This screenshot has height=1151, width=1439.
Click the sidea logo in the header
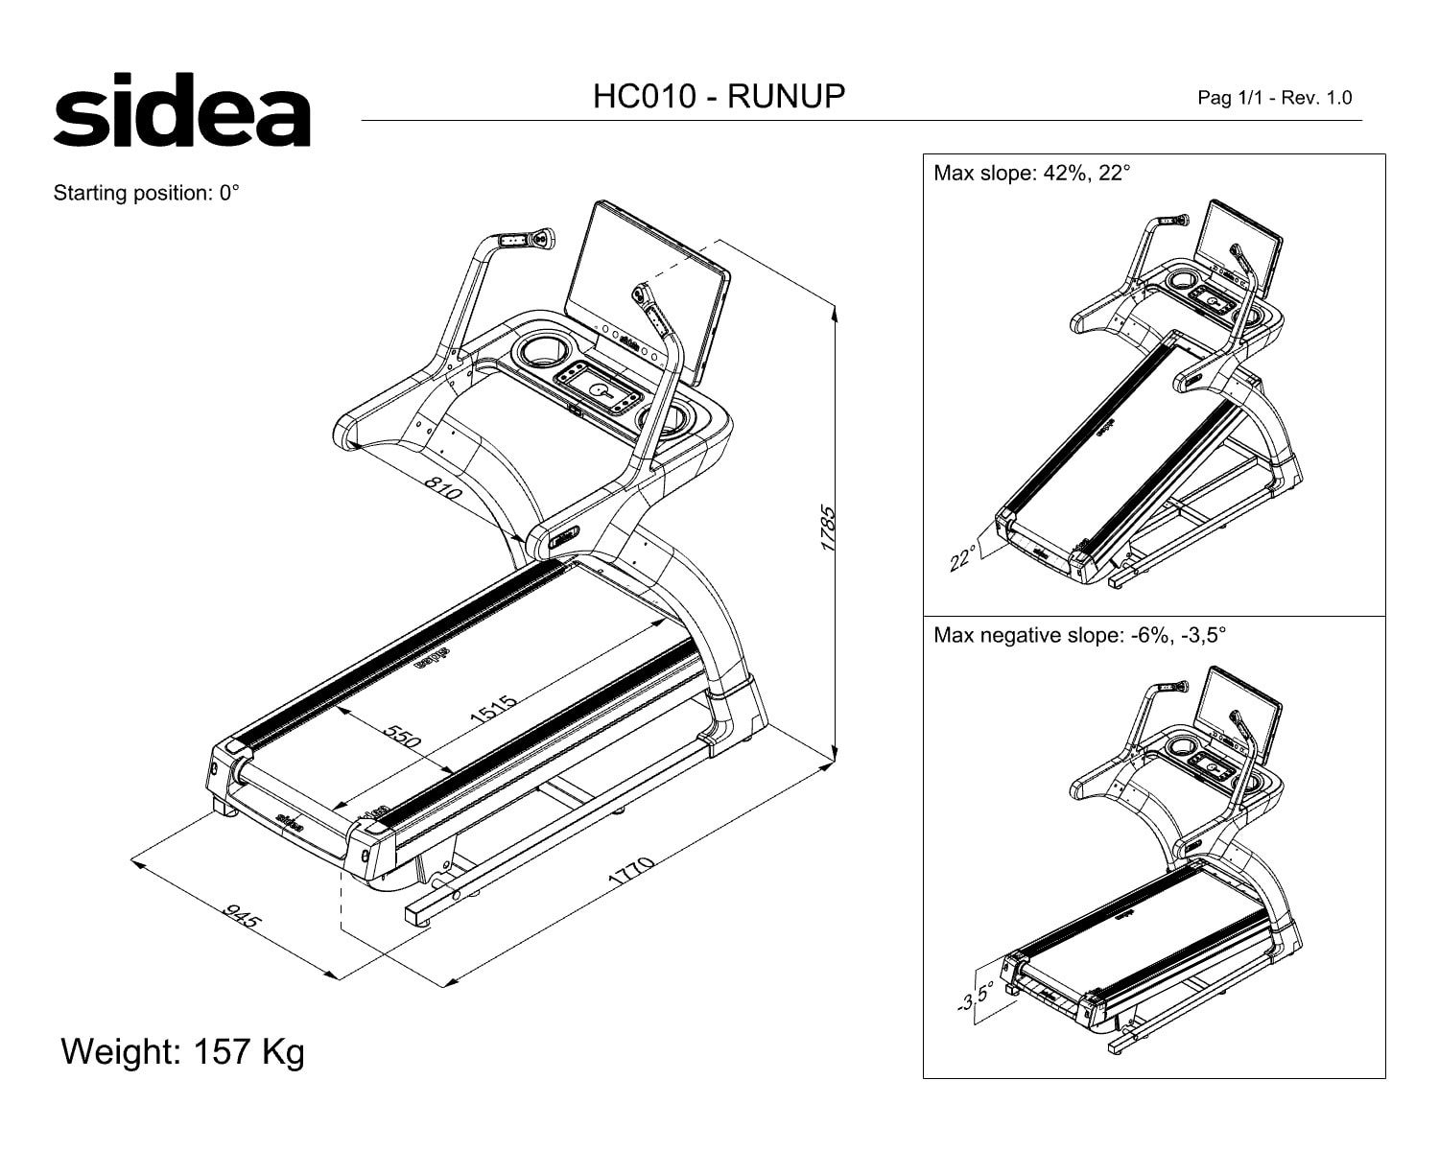pos(181,109)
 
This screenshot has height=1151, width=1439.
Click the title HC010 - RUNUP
pos(719,96)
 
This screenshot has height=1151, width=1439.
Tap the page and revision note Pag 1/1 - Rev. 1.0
pos(1275,98)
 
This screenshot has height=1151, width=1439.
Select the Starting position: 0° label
pos(146,193)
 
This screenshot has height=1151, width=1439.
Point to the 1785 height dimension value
pos(828,529)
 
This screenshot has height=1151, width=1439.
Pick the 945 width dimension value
pos(242,916)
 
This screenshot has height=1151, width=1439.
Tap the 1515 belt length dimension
pos(493,710)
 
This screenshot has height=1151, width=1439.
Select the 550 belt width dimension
pos(403,736)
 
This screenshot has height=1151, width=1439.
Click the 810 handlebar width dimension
pos(443,488)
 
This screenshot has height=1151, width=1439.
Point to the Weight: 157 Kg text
pos(182,1051)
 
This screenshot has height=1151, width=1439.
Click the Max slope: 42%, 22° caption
pos(1031,174)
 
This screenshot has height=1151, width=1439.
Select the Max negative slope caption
pos(1079,635)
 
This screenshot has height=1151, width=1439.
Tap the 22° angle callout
pos(962,558)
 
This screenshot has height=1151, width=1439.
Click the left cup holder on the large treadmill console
pos(546,350)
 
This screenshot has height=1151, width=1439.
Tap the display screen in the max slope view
pos(1242,247)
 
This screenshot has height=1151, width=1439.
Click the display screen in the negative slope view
pos(1242,715)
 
